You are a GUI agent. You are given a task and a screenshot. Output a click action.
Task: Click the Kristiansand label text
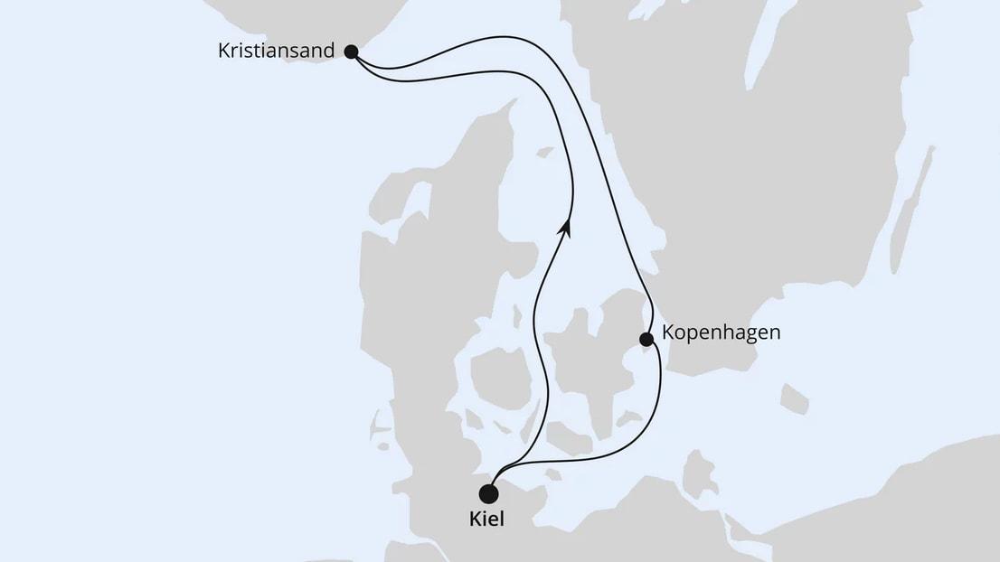point(277,51)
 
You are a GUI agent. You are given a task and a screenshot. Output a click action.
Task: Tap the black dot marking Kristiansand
point(352,52)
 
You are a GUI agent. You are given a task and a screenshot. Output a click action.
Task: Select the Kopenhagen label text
point(721,332)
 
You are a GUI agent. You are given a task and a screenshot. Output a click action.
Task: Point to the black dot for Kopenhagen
point(646,340)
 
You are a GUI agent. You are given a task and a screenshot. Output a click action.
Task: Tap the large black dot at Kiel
point(489,493)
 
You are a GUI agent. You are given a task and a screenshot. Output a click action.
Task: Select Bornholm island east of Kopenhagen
point(794,398)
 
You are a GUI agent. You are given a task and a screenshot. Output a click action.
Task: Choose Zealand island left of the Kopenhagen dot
point(588,361)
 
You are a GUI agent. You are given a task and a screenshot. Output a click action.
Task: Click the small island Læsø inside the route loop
point(544,153)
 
